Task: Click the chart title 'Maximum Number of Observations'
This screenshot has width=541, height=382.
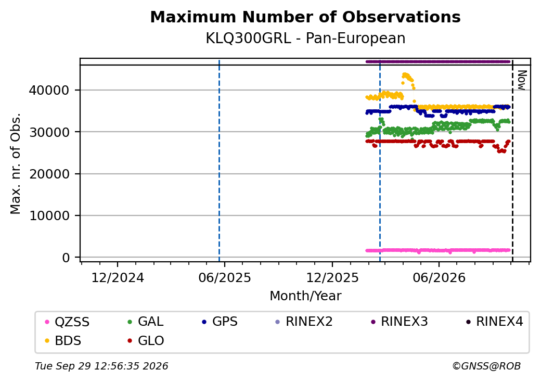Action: coord(305,17)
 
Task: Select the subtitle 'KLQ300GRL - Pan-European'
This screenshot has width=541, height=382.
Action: coord(305,38)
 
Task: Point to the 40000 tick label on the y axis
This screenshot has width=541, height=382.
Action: coord(49,91)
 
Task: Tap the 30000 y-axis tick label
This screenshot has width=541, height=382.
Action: coord(49,132)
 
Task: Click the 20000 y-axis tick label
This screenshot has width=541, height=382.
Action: coord(49,174)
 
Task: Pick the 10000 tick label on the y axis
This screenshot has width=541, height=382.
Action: coord(49,215)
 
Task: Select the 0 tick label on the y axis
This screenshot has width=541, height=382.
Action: coord(66,258)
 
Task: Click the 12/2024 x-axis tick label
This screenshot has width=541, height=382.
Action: coord(118,277)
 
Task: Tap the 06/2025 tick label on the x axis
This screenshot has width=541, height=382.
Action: coord(225,277)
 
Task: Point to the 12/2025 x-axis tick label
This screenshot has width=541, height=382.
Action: coord(332,277)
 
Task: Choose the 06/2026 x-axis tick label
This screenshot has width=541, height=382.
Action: coord(439,277)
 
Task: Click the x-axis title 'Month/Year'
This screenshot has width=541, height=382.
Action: coord(305,296)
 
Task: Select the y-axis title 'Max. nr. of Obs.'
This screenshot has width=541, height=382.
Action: coord(16,163)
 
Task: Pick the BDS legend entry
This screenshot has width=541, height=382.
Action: coord(63,340)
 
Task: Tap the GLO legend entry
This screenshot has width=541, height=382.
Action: coord(146,340)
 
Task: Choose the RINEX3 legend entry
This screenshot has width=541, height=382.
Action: coord(399,322)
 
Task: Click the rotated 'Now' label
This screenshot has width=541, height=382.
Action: coord(522,80)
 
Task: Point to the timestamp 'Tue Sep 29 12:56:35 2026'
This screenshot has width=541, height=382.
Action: coord(101,366)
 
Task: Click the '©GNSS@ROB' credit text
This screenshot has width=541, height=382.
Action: coord(486,366)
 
